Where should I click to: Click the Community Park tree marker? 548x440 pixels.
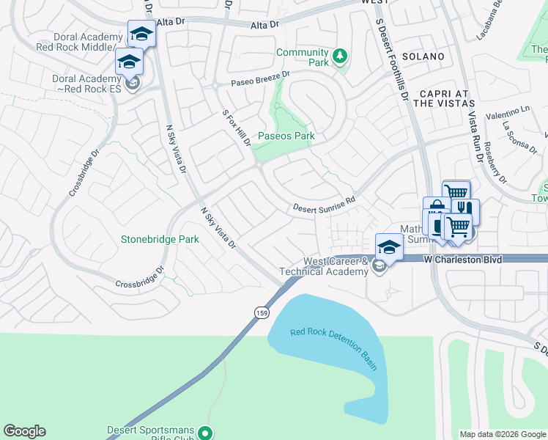pos(339,56)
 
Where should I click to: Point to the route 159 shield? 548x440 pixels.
pos(262,313)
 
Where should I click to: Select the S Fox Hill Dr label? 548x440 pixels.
pos(236,128)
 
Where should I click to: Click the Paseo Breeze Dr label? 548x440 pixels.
pos(260,78)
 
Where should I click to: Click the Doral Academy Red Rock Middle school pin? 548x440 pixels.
pos(141,34)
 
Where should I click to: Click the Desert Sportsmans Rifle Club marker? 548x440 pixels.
pos(207,433)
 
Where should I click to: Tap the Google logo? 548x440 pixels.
pos(24,431)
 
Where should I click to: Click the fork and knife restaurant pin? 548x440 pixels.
pos(465,211)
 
